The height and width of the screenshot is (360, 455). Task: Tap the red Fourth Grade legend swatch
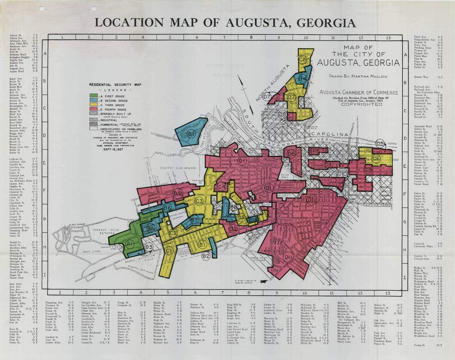coord(94,109)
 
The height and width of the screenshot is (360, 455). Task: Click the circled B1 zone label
coord(191,134)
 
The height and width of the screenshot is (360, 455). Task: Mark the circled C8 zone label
coord(303,60)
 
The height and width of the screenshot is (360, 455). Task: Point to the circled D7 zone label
coord(267,97)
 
